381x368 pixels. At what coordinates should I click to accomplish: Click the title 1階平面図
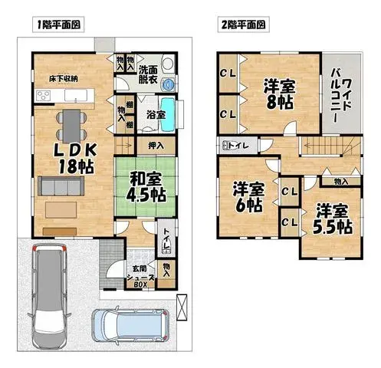tap(57, 25)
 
